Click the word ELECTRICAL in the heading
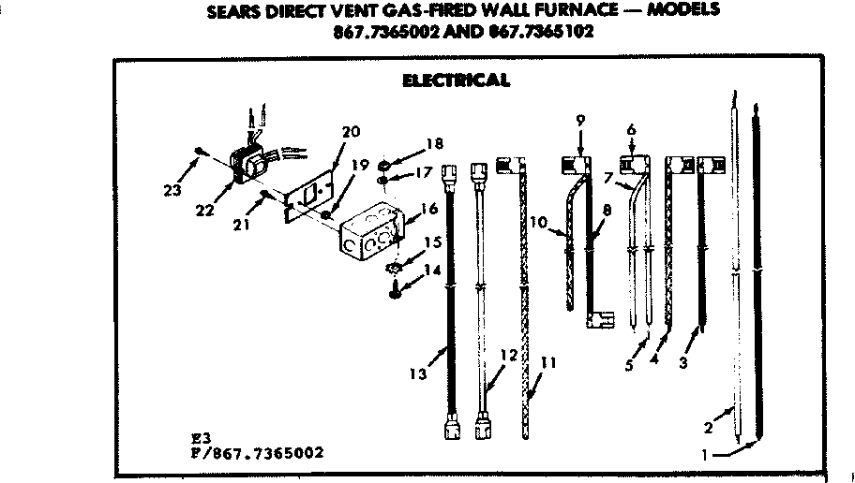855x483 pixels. pos(456,80)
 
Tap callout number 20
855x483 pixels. pos(351,132)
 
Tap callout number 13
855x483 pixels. pos(419,373)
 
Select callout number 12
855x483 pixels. pos(509,355)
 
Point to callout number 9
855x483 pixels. pos(580,119)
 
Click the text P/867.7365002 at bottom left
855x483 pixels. pos(255,453)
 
